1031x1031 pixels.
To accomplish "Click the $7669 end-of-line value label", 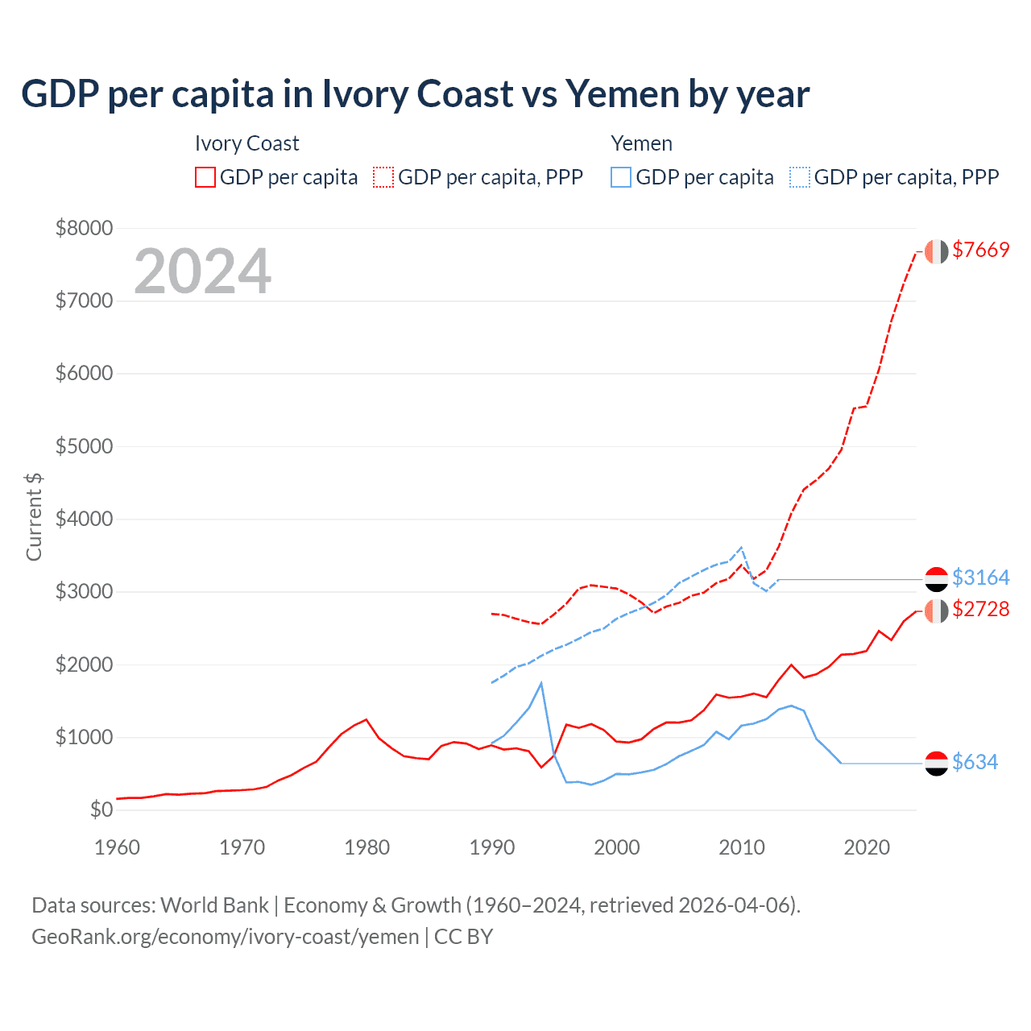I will point(980,250).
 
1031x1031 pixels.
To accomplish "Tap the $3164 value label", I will point(980,578).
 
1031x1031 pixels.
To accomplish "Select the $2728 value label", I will point(980,609).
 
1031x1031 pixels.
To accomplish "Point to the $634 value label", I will point(975,762).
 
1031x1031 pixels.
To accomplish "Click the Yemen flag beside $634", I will point(936,763).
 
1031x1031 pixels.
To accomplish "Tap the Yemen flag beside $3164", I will point(936,578).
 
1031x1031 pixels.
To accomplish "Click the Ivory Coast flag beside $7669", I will point(936,251).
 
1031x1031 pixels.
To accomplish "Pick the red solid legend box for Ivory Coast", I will point(205,177).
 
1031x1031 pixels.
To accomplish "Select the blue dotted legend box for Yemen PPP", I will point(800,177).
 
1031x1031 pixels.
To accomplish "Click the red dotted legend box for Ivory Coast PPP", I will point(383,177).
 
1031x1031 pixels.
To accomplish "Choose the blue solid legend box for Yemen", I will point(621,177).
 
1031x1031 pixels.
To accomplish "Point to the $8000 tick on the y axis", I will point(84,228).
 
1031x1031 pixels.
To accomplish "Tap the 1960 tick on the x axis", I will point(118,847).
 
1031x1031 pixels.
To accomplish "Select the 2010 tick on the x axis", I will point(742,847).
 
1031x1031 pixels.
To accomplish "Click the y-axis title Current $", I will point(34,517).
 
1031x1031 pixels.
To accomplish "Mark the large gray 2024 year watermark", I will point(203,271).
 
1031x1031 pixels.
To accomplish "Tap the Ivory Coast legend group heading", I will point(246,143).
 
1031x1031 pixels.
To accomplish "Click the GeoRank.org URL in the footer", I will point(225,937).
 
